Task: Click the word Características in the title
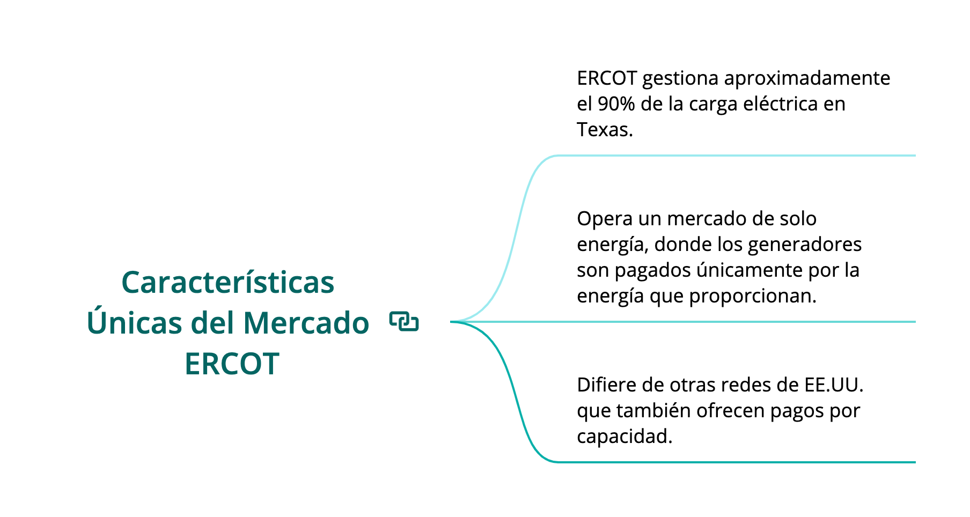(228, 282)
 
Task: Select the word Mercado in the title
(306, 323)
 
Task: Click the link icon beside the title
(404, 321)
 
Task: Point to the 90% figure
(616, 104)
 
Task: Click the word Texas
(605, 130)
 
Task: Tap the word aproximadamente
(807, 79)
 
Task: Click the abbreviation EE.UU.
(834, 385)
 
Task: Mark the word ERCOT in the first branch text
(607, 79)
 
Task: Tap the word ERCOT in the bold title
(232, 364)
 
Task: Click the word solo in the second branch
(797, 219)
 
